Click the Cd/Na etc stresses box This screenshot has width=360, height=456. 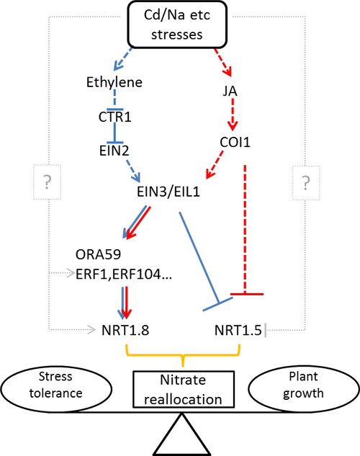[x=177, y=24]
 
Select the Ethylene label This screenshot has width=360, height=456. [x=114, y=82]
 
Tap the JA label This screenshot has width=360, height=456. [x=230, y=91]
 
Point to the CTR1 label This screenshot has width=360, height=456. [x=114, y=117]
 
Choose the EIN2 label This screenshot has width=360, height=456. [x=114, y=151]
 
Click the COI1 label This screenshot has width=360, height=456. [x=235, y=143]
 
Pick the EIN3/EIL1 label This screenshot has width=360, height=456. [x=168, y=192]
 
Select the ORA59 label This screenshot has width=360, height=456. [x=98, y=254]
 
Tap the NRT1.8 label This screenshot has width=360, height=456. [x=125, y=331]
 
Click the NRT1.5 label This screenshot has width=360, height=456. [x=238, y=331]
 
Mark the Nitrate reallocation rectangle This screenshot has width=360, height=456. [x=184, y=389]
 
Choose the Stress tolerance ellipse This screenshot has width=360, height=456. [x=56, y=389]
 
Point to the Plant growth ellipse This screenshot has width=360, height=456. [x=304, y=388]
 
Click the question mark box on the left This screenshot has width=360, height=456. [x=47, y=182]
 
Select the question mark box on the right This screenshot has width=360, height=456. [x=306, y=183]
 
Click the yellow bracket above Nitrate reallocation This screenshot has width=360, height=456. [x=183, y=355]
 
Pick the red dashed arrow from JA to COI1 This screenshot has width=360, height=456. [x=233, y=115]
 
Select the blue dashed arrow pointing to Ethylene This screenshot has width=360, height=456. [x=122, y=59]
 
